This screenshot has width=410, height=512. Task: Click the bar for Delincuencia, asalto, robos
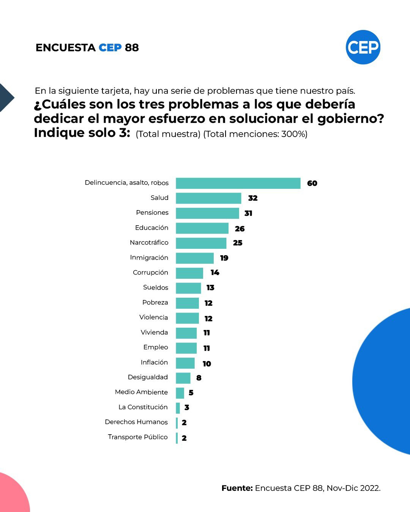tap(238, 183)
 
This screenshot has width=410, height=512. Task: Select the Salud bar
tap(208, 198)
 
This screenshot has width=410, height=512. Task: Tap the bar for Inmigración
tap(195, 258)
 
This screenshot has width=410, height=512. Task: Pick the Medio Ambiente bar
tap(180, 393)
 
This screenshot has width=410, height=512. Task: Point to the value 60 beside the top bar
tap(312, 184)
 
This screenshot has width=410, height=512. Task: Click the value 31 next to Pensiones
tap(248, 214)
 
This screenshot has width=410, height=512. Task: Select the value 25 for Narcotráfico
tap(238, 243)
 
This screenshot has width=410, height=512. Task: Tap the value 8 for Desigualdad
tap(199, 378)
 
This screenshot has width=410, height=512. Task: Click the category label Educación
tap(151, 228)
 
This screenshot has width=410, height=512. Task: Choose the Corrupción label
tap(150, 272)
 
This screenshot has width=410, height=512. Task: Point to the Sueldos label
tap(156, 287)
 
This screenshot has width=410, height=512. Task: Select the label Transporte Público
tap(138, 437)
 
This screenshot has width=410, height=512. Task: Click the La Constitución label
tap(143, 407)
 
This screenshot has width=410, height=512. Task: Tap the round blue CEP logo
tap(363, 47)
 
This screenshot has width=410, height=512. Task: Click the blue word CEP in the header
tap(110, 48)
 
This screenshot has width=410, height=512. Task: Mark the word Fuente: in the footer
tap(237, 488)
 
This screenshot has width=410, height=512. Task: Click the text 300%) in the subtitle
tap(294, 134)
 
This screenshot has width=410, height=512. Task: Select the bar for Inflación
tap(185, 363)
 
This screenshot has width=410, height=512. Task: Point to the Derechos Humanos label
tap(136, 422)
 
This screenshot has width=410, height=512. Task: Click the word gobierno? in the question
tap(350, 119)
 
